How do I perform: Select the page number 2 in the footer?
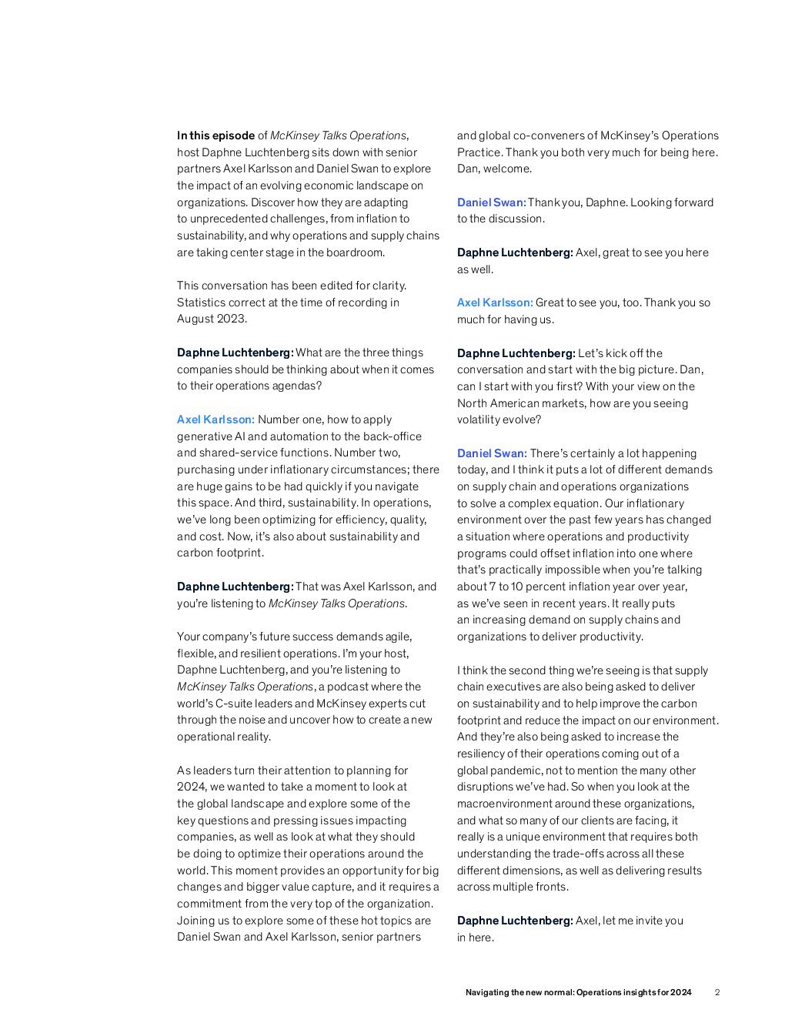pyautogui.click(x=717, y=992)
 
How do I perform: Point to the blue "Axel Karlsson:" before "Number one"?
pyautogui.click(x=215, y=419)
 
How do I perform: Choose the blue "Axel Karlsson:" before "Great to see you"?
pyautogui.click(x=494, y=302)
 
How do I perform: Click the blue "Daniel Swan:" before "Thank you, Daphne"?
pyautogui.click(x=491, y=202)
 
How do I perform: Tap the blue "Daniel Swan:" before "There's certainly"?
pyautogui.click(x=492, y=453)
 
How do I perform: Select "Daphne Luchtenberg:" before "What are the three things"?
pyautogui.click(x=235, y=353)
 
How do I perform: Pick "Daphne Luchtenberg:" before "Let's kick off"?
pyautogui.click(x=515, y=353)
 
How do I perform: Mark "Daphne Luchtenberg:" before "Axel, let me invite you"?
pyautogui.click(x=514, y=921)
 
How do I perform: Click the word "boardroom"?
pyautogui.click(x=353, y=252)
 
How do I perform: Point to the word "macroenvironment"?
pyautogui.click(x=512, y=804)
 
